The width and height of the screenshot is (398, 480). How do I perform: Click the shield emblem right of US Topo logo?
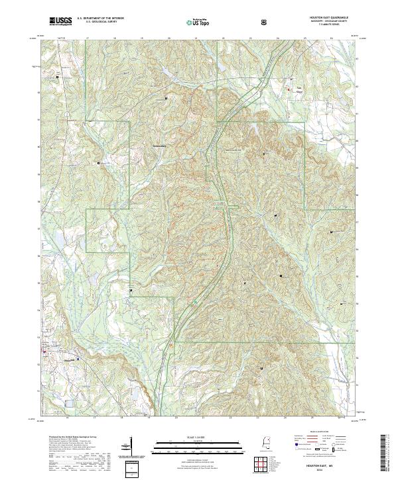265,21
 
